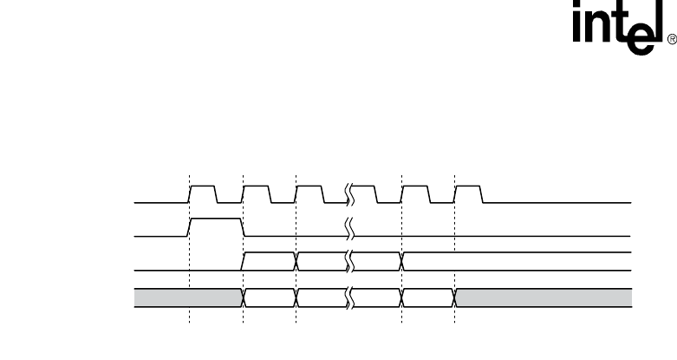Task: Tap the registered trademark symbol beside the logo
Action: pos(670,40)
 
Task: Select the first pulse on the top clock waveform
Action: pos(203,193)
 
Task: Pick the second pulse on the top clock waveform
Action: pos(257,193)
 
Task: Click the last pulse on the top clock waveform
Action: pos(468,193)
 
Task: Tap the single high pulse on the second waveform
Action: pos(215,227)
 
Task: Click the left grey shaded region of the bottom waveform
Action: pos(186,298)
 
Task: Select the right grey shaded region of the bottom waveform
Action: pos(544,298)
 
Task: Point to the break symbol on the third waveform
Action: pos(350,260)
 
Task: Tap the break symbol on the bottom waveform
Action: pos(350,298)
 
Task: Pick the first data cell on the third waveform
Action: pos(270,261)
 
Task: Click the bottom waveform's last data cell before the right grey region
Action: pos(429,298)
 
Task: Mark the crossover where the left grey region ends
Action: pos(244,298)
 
